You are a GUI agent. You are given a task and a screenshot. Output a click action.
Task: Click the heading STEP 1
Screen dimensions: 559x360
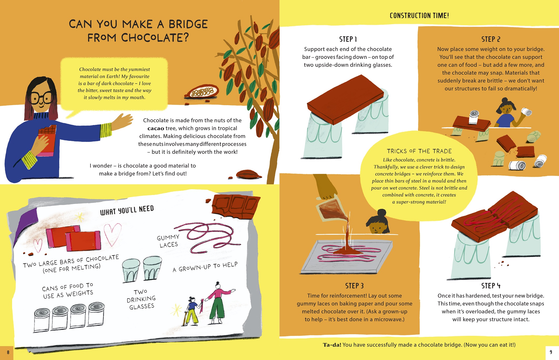[348, 39]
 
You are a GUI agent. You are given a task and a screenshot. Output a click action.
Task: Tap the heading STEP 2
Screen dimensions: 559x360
[491, 39]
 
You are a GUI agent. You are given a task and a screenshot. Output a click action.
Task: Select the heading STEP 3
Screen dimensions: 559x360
[354, 286]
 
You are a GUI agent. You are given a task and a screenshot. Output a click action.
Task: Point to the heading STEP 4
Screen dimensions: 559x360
[491, 286]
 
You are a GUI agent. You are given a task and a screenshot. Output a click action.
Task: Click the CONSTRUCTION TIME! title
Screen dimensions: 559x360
[419, 16]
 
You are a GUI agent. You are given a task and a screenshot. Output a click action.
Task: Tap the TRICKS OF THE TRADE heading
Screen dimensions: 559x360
[419, 151]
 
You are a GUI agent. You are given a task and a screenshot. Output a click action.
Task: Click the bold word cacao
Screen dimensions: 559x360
[156, 128]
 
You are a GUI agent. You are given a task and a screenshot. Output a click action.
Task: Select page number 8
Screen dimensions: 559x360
[8, 352]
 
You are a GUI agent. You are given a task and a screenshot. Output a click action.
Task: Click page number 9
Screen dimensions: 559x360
[551, 352]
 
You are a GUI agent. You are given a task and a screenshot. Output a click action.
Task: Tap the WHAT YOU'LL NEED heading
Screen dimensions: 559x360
[127, 210]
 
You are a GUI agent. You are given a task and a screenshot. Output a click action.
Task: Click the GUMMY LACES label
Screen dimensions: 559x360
[168, 241]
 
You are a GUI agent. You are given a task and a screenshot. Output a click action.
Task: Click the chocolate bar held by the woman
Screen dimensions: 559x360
[47, 139]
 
